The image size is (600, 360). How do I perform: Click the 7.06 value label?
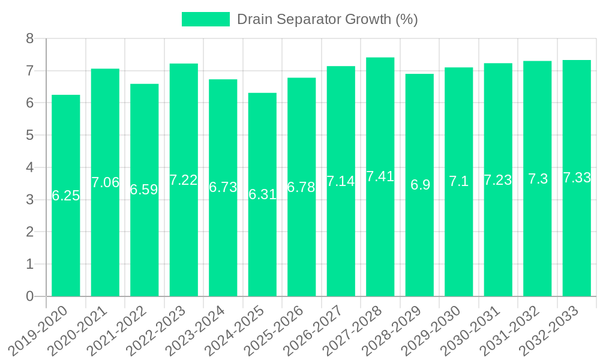tap(105, 182)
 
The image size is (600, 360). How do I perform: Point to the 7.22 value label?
tap(184, 180)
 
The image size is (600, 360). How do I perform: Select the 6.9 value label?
tap(420, 185)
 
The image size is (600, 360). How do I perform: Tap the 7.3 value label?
tap(538, 179)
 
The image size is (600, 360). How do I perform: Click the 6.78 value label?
tap(301, 187)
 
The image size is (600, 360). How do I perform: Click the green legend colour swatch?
tap(205, 19)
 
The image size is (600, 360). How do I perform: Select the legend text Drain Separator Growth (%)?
tap(327, 19)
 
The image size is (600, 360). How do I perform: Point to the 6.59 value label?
tap(144, 190)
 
